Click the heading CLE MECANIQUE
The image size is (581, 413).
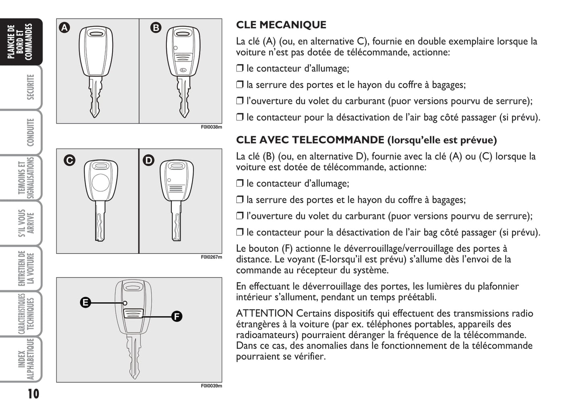(x=281, y=25)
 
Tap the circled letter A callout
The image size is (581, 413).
(x=64, y=27)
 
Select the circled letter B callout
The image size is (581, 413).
(x=156, y=27)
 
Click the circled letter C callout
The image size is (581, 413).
(x=70, y=160)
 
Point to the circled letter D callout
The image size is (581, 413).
(x=149, y=160)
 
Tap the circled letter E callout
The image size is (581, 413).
(x=85, y=302)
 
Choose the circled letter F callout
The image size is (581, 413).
(x=177, y=316)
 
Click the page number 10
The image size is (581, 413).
(x=33, y=393)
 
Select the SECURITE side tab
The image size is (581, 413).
(x=30, y=87)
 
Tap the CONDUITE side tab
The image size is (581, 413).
(x=30, y=132)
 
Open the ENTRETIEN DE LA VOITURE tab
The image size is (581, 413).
(x=26, y=268)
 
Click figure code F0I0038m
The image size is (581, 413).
(x=211, y=127)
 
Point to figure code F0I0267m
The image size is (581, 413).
(x=211, y=257)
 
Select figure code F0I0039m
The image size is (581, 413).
(x=211, y=386)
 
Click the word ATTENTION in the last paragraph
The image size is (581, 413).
(x=264, y=314)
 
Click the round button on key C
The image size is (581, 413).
(x=100, y=183)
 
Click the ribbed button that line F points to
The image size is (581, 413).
(x=133, y=314)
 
